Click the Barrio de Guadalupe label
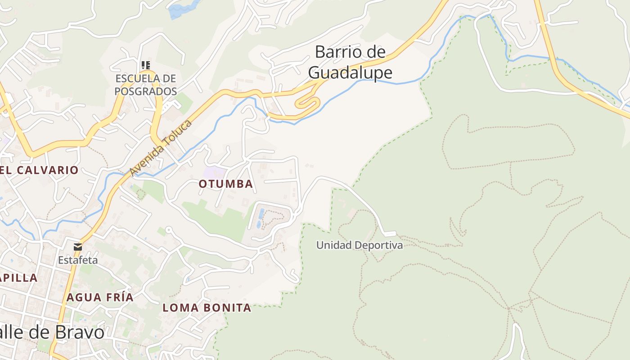(x=350, y=62)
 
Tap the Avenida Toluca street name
(x=161, y=148)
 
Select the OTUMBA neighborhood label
(x=226, y=184)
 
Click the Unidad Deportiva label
(x=359, y=245)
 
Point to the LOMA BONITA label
(x=207, y=308)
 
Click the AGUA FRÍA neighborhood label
(x=100, y=297)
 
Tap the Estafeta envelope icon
(x=78, y=247)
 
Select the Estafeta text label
(x=78, y=260)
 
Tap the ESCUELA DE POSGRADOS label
(x=145, y=85)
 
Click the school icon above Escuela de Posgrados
(x=145, y=65)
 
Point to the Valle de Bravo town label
(x=52, y=333)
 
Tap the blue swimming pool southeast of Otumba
(x=261, y=213)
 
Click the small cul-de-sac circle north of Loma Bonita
(x=169, y=230)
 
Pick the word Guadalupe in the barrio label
(x=350, y=72)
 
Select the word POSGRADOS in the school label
(x=145, y=91)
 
